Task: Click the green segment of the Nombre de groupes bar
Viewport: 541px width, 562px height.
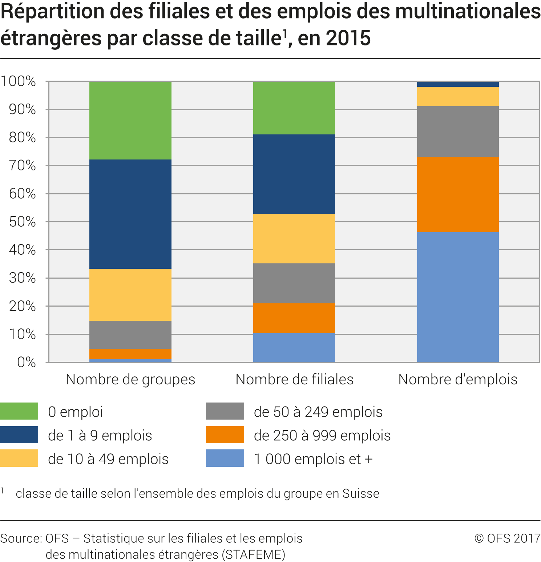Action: click(x=130, y=120)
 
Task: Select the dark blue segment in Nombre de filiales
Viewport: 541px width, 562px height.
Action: click(x=294, y=174)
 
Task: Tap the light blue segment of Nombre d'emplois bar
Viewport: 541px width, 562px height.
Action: click(x=458, y=297)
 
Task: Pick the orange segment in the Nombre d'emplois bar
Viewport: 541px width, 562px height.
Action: click(x=458, y=194)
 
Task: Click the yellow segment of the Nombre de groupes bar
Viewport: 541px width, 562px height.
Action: click(x=130, y=295)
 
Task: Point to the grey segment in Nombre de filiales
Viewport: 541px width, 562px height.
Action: click(x=294, y=283)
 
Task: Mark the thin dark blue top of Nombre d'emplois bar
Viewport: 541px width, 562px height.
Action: click(x=458, y=84)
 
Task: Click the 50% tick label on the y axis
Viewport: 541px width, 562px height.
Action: click(x=23, y=222)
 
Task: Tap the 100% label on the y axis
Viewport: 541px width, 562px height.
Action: click(x=18, y=81)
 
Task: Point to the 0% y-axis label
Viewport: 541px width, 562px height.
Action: click(x=27, y=362)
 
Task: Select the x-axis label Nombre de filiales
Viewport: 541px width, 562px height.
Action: click(x=294, y=379)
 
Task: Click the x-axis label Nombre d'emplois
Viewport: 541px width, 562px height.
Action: click(x=458, y=379)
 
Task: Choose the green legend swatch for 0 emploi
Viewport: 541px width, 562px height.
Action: click(x=19, y=411)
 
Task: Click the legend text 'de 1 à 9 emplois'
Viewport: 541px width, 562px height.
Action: click(x=100, y=435)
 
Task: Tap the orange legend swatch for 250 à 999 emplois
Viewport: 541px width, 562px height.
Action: click(x=225, y=435)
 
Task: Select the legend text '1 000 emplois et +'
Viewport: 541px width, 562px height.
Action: click(x=314, y=459)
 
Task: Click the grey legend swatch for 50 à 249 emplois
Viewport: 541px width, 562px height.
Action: click(x=225, y=411)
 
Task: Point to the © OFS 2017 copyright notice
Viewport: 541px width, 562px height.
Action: click(x=507, y=538)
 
